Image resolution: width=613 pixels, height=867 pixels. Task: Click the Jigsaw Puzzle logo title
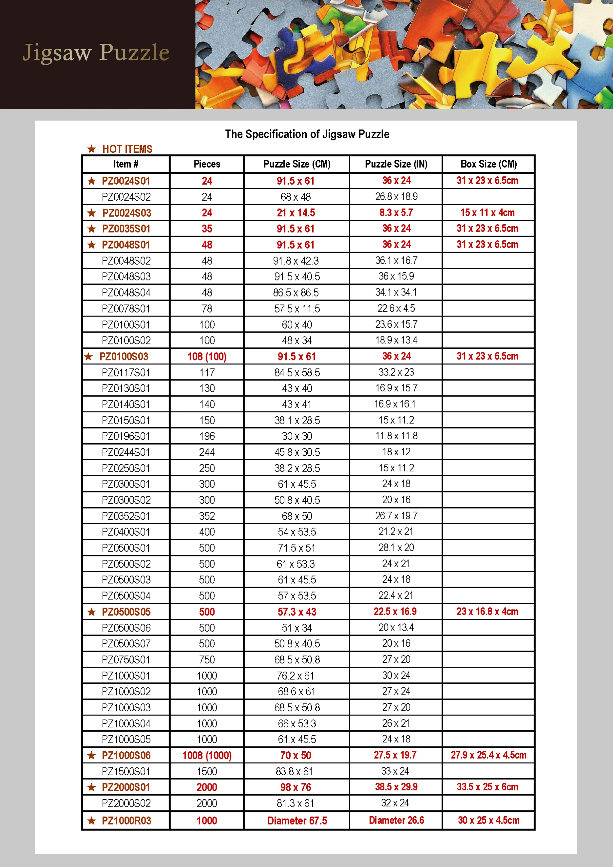[96, 53]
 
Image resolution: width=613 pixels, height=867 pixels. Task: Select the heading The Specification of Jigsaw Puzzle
[307, 134]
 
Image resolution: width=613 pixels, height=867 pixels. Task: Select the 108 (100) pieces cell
[207, 357]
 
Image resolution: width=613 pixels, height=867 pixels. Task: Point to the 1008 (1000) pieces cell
[207, 756]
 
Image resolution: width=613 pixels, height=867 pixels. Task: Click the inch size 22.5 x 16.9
[395, 612]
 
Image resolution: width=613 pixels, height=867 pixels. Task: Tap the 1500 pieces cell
[207, 771]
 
